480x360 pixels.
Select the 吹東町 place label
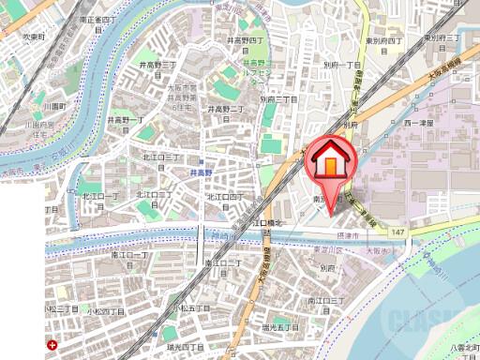pyautogui.click(x=34, y=37)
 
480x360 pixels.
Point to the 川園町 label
pyautogui.click(x=38, y=95)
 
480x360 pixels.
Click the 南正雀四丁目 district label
pyautogui.click(x=97, y=23)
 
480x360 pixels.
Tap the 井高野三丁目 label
pyautogui.click(x=157, y=65)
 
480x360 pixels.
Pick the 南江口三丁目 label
pyautogui.click(x=321, y=300)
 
